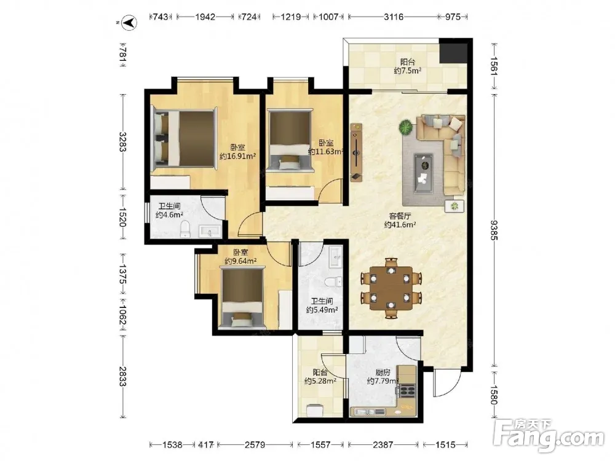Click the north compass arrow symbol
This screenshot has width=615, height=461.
pyautogui.click(x=129, y=23)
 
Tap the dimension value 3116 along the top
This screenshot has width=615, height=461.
pyautogui.click(x=394, y=17)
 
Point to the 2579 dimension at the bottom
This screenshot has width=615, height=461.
pyautogui.click(x=255, y=444)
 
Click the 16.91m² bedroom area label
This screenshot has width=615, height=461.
pyautogui.click(x=237, y=156)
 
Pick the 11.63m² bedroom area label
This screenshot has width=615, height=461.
pyautogui.click(x=326, y=151)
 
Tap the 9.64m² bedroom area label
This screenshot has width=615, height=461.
pyautogui.click(x=240, y=261)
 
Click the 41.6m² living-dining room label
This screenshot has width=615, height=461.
pyautogui.click(x=400, y=224)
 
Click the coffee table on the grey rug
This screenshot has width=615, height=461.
pyautogui.click(x=424, y=173)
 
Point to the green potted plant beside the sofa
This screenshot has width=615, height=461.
pyautogui.click(x=407, y=127)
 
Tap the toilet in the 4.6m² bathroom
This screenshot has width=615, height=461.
pyautogui.click(x=185, y=229)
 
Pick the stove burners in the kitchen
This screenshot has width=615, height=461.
pyautogui.click(x=407, y=390)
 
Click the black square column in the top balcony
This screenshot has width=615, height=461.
pyautogui.click(x=453, y=50)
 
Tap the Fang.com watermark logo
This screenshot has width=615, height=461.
pyautogui.click(x=549, y=435)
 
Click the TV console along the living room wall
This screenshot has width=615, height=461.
pyautogui.click(x=356, y=152)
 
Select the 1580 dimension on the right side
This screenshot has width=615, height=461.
pyautogui.click(x=493, y=395)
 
